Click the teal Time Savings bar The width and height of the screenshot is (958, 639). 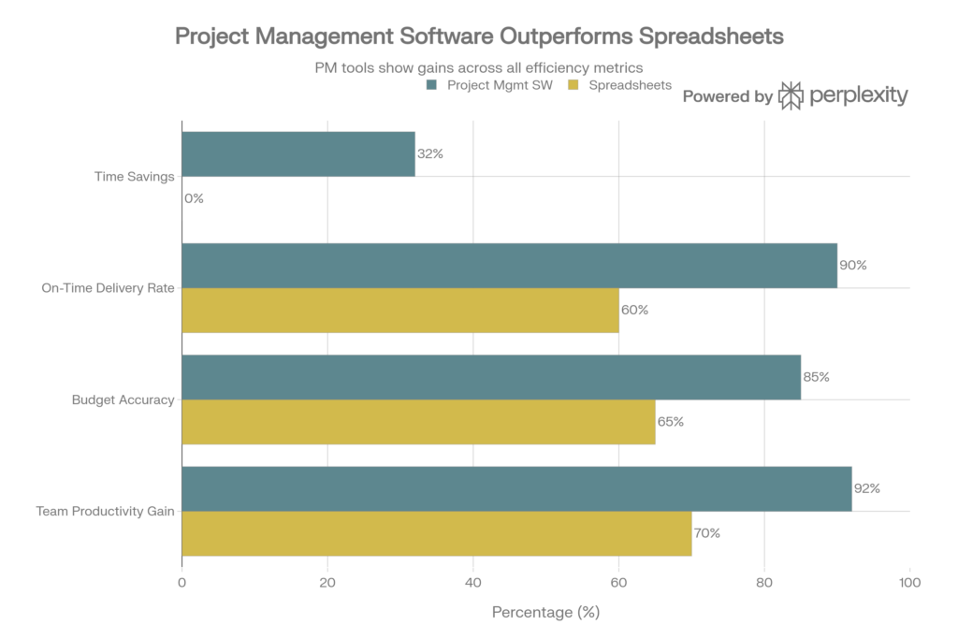298,154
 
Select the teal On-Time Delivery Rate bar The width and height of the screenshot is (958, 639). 510,266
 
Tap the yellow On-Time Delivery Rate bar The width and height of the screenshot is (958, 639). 400,311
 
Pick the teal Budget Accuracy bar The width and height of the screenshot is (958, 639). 492,377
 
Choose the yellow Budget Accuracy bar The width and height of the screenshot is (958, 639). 419,422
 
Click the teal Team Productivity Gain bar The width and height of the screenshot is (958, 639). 517,488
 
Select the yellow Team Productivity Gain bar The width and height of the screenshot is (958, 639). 437,533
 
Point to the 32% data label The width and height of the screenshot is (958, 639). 429,154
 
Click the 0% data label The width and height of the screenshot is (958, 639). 195,199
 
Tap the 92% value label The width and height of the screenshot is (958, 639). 867,488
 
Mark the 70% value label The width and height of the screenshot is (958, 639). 706,533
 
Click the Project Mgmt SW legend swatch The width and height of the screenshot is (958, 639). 432,85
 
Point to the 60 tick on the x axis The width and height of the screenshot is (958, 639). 618,583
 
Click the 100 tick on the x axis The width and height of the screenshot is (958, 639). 909,583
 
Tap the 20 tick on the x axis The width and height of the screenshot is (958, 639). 327,583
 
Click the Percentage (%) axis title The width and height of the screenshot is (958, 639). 545,614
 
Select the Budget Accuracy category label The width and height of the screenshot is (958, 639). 123,400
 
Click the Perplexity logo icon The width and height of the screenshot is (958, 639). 791,95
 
